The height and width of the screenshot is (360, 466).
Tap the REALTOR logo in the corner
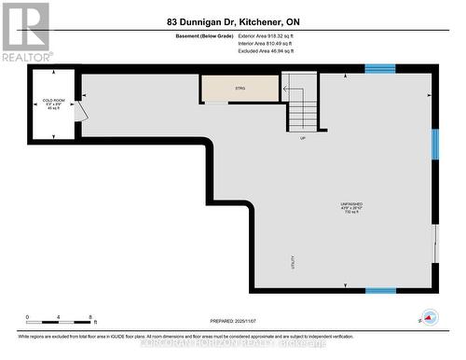25,31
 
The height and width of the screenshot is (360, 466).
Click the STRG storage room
240,88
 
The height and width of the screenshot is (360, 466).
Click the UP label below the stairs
303,138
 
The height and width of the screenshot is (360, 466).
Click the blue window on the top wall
379,68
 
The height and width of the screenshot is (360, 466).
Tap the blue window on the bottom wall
380,290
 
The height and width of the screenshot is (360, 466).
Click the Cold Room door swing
82,111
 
